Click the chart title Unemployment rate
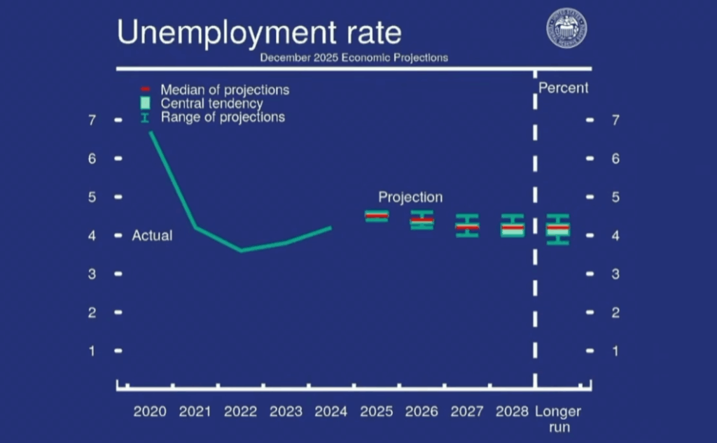coord(259,32)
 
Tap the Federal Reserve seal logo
coord(566,28)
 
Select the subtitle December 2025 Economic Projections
coord(354,58)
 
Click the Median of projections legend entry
coord(224,90)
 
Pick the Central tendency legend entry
coord(211,104)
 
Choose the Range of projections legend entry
coord(222,117)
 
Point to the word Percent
coord(563,88)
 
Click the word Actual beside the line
coord(152,236)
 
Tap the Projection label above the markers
coord(410,197)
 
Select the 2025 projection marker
coord(377,216)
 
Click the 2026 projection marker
coord(422,220)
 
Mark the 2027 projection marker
coord(467,225)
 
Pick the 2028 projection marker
coord(513,226)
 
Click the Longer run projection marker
coord(558,229)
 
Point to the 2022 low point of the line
coord(241,250)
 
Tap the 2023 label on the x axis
coord(286,412)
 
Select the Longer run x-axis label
coord(558,418)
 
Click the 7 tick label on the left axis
coord(91,120)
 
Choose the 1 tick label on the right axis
coord(615,351)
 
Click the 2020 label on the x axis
coord(150,412)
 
